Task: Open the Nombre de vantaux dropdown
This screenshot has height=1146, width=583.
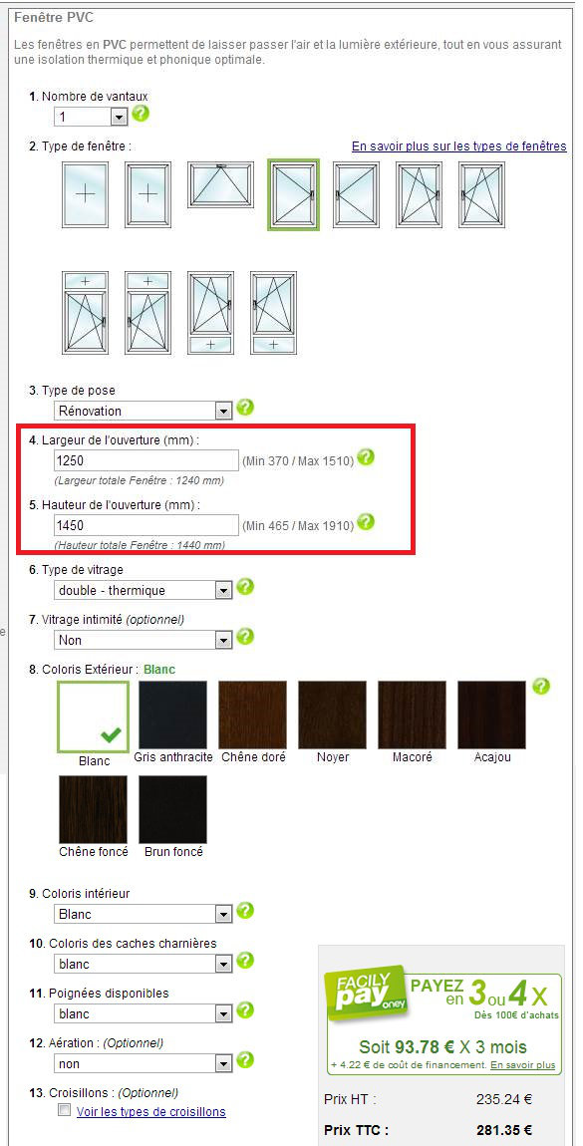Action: [91, 117]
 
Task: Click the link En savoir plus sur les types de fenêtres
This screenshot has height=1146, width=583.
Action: [458, 146]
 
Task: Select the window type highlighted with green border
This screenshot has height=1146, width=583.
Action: [294, 194]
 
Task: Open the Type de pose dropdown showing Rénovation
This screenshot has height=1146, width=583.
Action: [144, 411]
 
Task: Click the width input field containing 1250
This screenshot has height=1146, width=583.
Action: [146, 460]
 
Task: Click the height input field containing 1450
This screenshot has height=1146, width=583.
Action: [146, 525]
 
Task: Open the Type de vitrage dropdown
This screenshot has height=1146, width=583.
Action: [144, 590]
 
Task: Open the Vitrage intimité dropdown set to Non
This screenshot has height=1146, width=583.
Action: [144, 640]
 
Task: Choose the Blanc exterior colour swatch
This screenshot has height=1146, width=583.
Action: [93, 716]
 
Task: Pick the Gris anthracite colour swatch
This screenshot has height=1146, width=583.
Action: [173, 716]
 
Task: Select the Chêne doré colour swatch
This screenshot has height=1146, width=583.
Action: [253, 716]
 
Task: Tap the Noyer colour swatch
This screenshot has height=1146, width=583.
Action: [333, 716]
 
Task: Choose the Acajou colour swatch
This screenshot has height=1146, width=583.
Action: [491, 716]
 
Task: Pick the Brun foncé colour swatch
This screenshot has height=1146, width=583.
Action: [173, 810]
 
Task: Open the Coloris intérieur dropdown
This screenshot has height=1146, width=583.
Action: [144, 914]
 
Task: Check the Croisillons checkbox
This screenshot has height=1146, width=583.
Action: [65, 1111]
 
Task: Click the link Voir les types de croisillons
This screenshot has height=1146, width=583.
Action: [151, 1112]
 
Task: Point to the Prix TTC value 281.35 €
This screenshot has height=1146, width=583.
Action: [504, 1130]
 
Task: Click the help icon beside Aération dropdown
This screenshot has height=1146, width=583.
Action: [245, 1059]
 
